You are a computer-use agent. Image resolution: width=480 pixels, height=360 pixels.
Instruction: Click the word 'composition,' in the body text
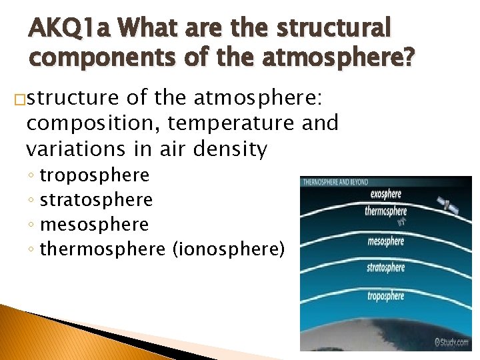[x=85, y=123]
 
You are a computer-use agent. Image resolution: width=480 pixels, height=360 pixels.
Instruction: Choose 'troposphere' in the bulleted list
[x=95, y=175]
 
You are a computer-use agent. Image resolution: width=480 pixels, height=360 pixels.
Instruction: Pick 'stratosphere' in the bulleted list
[x=96, y=199]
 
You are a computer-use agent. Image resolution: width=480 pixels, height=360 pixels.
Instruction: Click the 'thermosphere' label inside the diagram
[x=385, y=211]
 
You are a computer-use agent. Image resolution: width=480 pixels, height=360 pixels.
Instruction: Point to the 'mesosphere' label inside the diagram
[x=385, y=241]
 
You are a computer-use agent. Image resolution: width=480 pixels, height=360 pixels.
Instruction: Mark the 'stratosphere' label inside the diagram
[x=385, y=268]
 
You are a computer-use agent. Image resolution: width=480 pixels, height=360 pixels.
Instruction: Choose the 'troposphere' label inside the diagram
[x=385, y=295]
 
